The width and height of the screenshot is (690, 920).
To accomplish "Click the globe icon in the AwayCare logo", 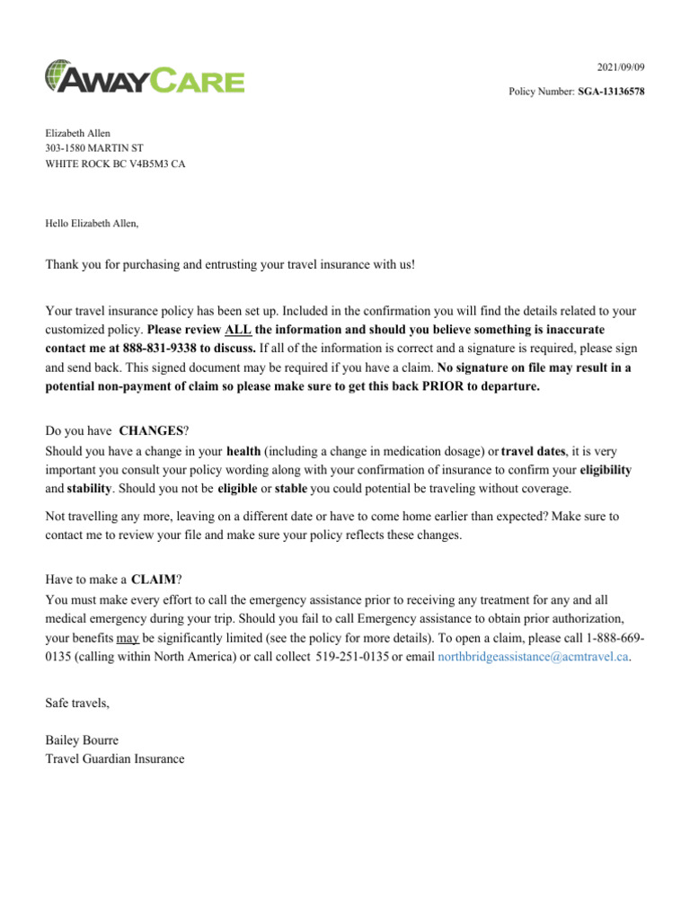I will click(57, 75).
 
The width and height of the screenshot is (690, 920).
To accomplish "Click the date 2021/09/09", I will click(621, 68).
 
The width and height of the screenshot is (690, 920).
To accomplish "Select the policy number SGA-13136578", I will click(611, 92).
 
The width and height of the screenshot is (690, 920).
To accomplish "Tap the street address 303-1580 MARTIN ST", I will click(94, 148).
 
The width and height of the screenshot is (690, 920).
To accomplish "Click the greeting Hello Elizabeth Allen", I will click(93, 223).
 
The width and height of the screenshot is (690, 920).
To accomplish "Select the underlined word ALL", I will click(238, 330).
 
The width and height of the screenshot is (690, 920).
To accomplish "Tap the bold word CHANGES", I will click(151, 431).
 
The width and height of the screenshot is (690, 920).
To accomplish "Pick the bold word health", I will click(243, 450).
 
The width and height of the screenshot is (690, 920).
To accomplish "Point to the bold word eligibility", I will click(606, 469).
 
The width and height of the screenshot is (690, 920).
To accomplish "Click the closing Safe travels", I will click(78, 702).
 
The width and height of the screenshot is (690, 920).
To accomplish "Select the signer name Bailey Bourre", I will click(82, 740).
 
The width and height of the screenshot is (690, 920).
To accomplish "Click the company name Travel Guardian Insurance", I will click(115, 759).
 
